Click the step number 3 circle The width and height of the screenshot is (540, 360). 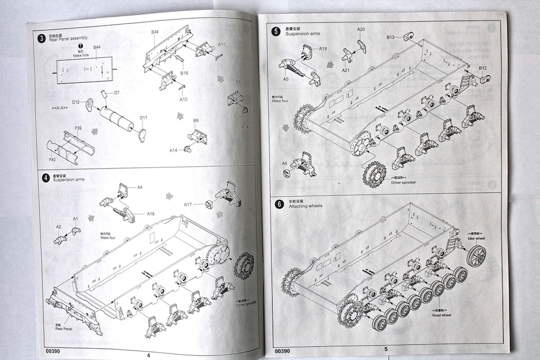pyautogui.click(x=41, y=38)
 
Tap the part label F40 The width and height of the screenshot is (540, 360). pyautogui.click(x=52, y=160)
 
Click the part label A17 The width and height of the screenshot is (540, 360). pyautogui.click(x=188, y=204)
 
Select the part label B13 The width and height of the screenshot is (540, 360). pyautogui.click(x=391, y=37)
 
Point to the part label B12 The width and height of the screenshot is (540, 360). pyautogui.click(x=483, y=68)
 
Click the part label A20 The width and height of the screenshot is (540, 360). pyautogui.click(x=361, y=30)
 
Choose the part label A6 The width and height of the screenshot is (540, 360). pyautogui.click(x=285, y=163)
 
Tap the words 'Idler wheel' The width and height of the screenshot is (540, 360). pyautogui.click(x=476, y=238)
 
